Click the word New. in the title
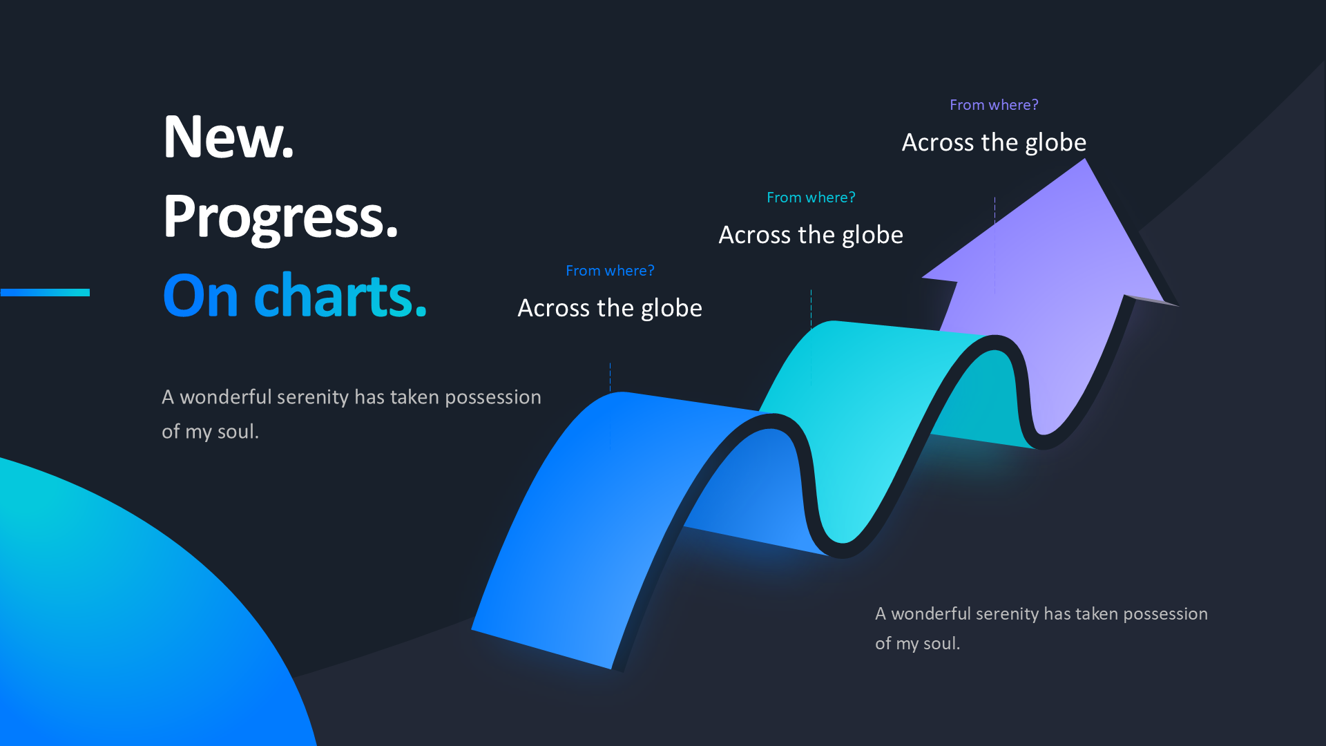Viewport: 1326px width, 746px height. coord(229,137)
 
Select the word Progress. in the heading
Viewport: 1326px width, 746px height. coord(280,218)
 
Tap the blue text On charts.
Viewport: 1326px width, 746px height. coord(295,296)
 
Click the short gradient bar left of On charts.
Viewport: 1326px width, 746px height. coord(45,292)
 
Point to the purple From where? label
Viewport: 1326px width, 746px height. coord(994,105)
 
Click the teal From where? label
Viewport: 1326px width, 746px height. coord(811,198)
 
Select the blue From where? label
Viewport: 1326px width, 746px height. coord(610,271)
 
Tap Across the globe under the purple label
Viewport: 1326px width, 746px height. coord(994,142)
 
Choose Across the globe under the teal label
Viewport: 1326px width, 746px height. coord(811,235)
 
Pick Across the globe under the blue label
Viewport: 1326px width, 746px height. coord(610,308)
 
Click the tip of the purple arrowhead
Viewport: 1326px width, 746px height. coord(1085,160)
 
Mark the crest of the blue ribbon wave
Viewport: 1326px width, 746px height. coord(622,393)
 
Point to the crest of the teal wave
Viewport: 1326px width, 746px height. coord(832,322)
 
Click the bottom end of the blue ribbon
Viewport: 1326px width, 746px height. coord(541,649)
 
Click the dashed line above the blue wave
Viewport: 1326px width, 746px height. coord(610,377)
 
